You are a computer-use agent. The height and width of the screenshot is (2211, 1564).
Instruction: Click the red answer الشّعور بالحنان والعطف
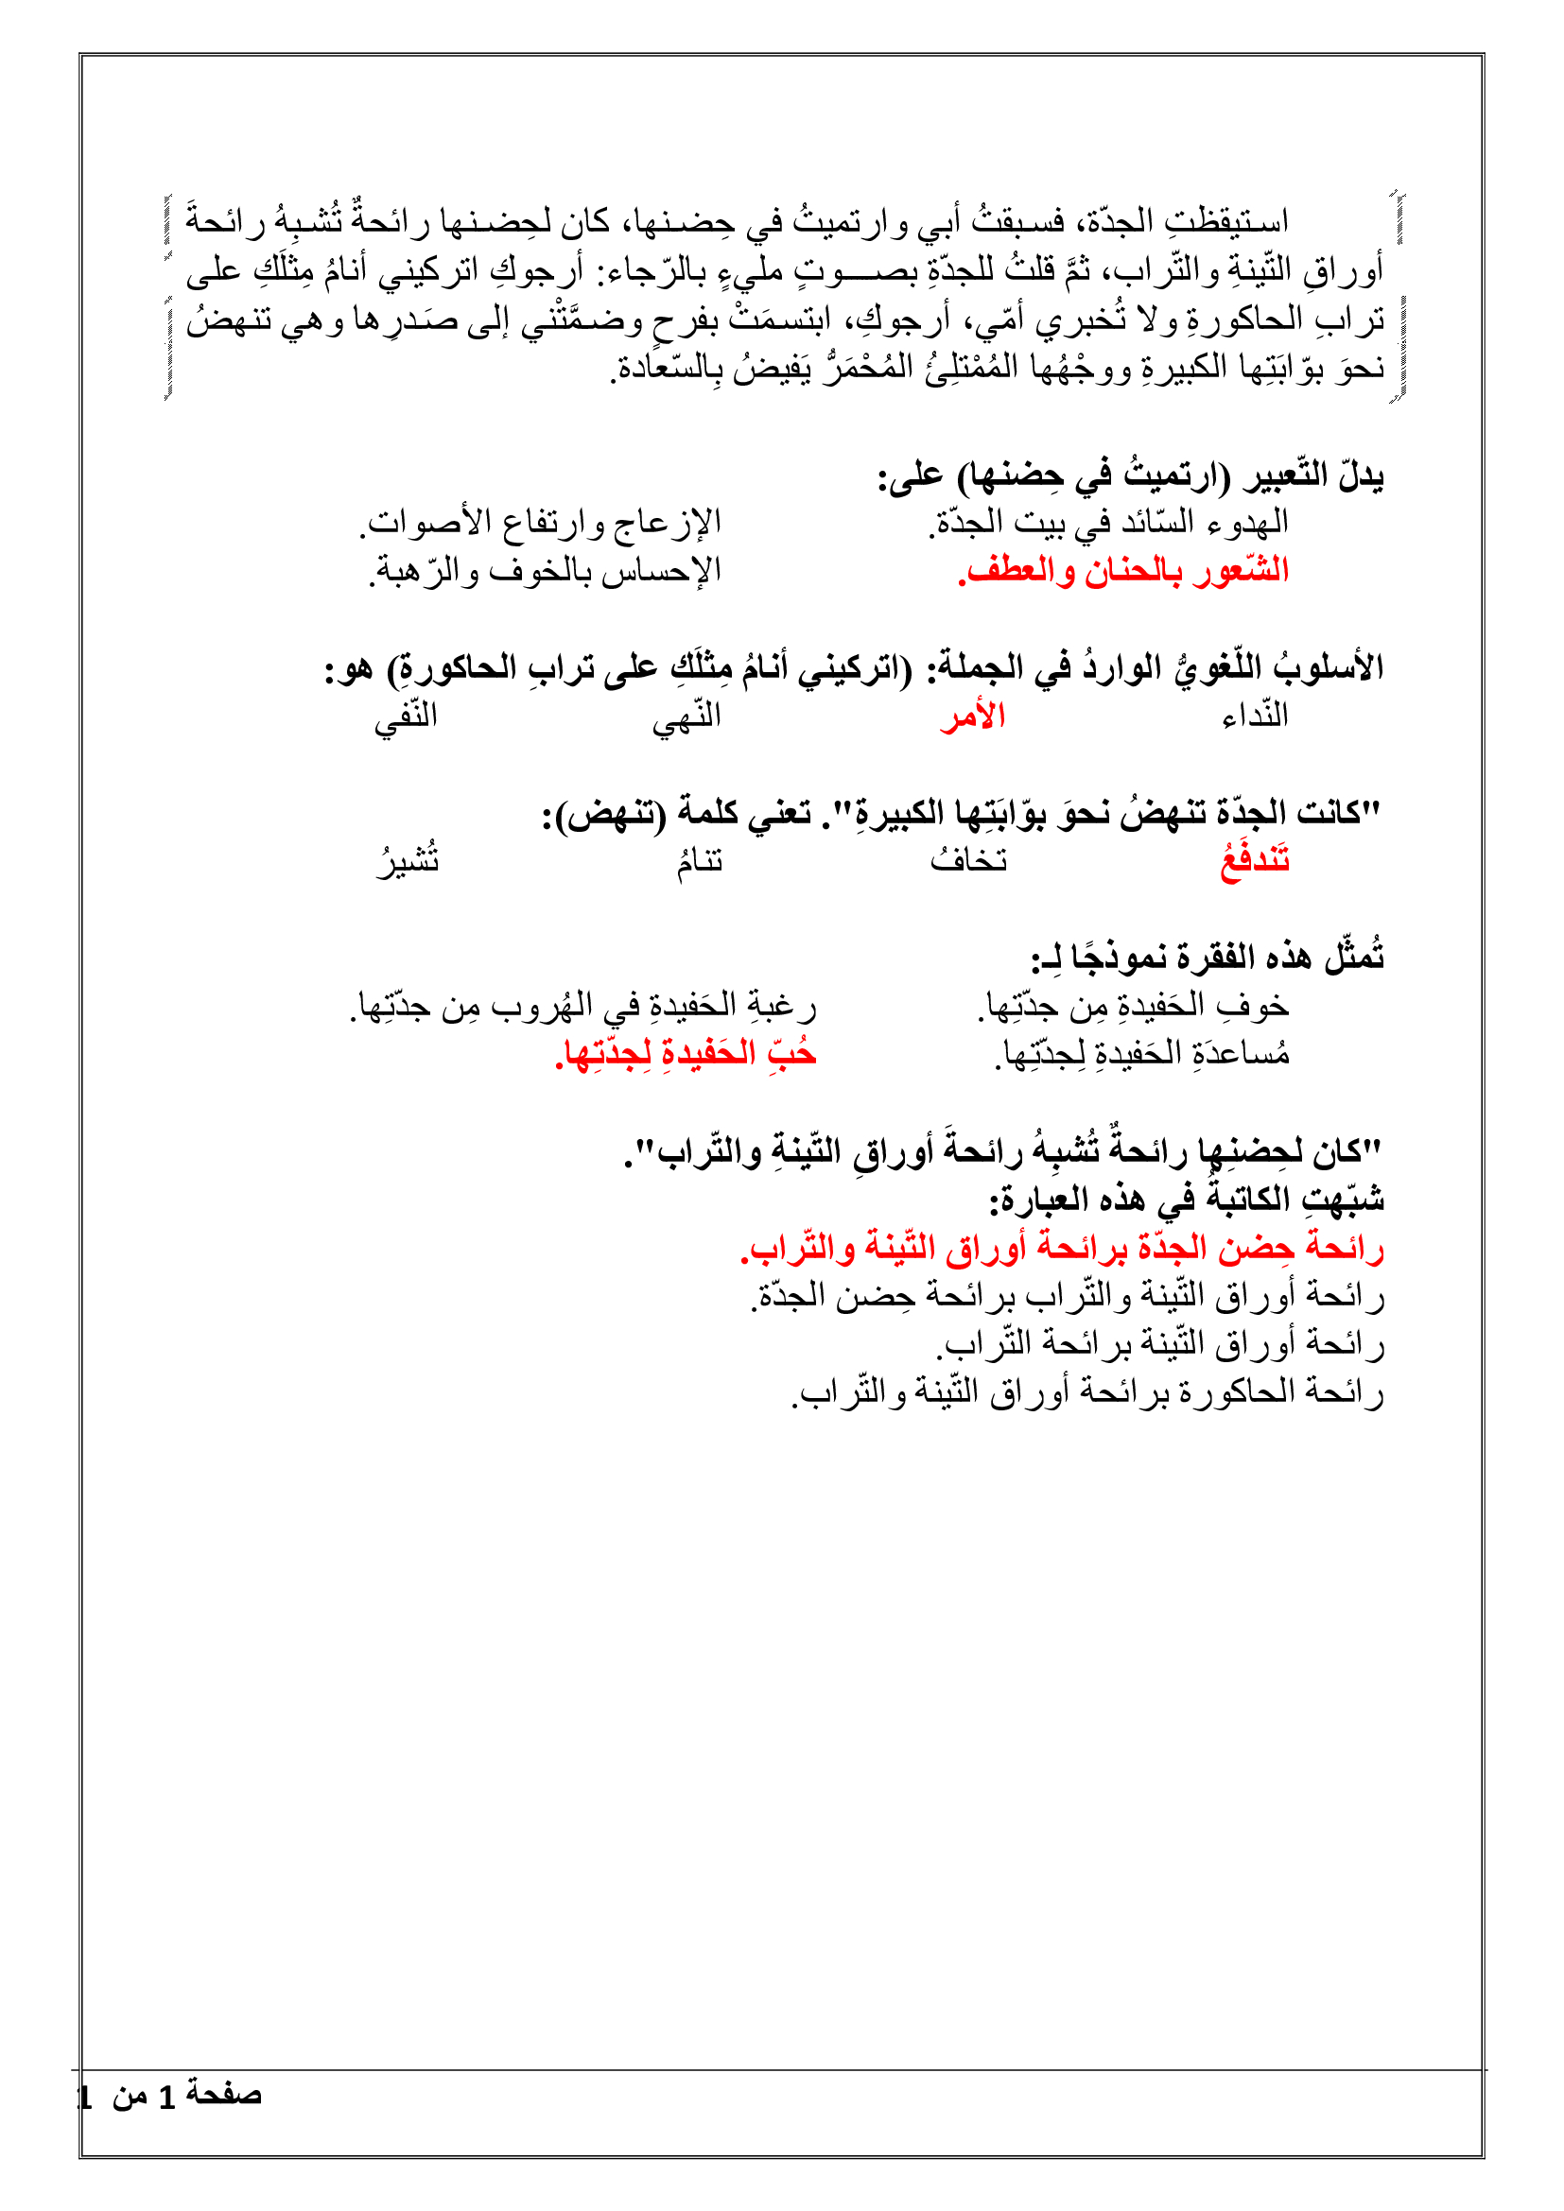click(x=1123, y=571)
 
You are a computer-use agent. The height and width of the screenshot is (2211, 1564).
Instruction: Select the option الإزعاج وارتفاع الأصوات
click(x=541, y=523)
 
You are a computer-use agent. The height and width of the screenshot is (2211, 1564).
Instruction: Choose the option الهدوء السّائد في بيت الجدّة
click(x=1108, y=523)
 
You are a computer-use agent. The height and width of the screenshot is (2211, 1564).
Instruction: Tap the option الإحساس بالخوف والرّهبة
click(x=545, y=571)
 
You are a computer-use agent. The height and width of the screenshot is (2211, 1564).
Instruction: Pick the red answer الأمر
click(x=973, y=717)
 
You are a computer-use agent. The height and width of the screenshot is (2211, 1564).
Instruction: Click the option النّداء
click(x=1255, y=717)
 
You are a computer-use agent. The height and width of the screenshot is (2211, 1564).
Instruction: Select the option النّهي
click(x=686, y=717)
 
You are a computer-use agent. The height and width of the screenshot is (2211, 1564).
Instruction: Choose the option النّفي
click(x=406, y=717)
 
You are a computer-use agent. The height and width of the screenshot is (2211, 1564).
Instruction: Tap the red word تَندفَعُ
click(x=1255, y=860)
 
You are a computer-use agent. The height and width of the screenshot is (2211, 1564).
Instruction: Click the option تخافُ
click(x=969, y=860)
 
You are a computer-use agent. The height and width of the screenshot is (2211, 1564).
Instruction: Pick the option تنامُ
click(x=699, y=860)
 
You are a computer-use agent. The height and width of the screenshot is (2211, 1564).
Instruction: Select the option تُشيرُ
click(x=408, y=860)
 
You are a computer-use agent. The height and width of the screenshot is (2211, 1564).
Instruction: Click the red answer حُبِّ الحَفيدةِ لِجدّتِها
click(x=686, y=1053)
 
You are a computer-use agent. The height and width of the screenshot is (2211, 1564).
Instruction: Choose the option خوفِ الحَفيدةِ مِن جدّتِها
click(x=1134, y=1006)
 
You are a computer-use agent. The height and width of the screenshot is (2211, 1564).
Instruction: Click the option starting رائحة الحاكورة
click(x=1088, y=1391)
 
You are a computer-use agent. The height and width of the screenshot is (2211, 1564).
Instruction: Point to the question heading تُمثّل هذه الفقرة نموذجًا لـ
click(x=1208, y=958)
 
